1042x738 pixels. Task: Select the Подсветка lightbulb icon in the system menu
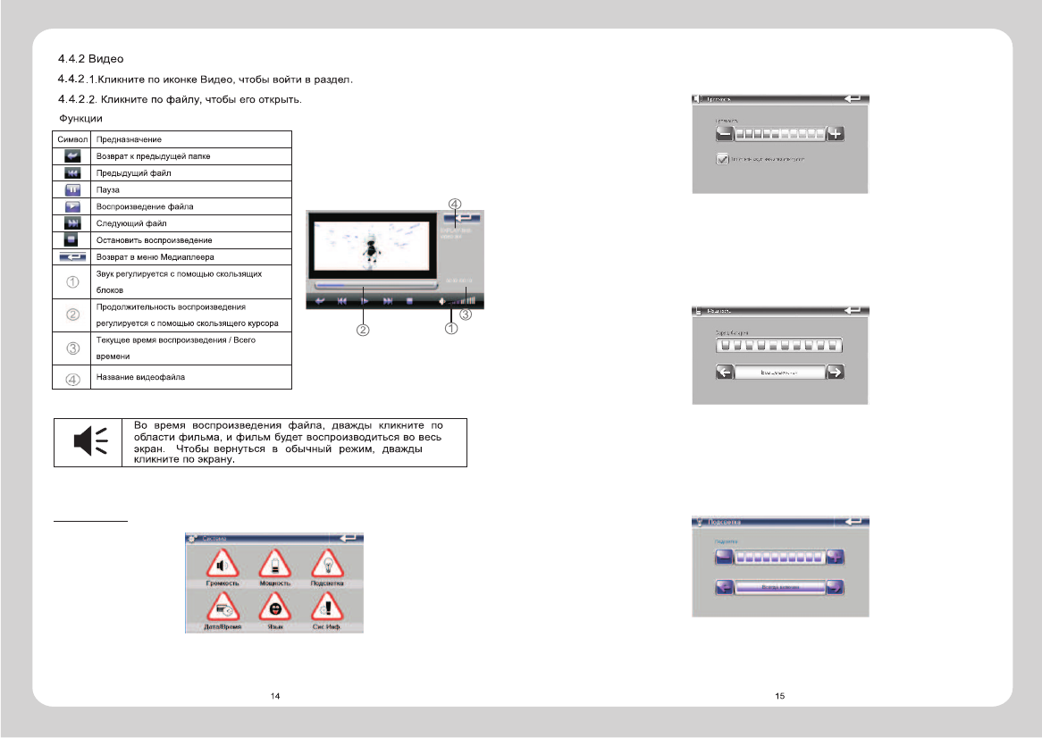(x=327, y=565)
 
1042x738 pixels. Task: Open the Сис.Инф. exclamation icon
(x=327, y=608)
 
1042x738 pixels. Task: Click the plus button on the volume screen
(x=836, y=134)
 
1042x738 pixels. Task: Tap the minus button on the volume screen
(x=725, y=134)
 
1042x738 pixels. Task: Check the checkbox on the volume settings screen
(x=723, y=159)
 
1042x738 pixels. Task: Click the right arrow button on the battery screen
(x=836, y=372)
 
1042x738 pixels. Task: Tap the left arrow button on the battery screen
(x=725, y=372)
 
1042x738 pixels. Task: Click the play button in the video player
(x=365, y=301)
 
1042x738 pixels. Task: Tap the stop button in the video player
(x=410, y=301)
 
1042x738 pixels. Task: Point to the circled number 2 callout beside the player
(x=364, y=330)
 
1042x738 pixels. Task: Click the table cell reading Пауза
(x=193, y=190)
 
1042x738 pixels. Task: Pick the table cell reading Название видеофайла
(x=193, y=377)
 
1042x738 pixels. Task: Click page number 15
(x=780, y=695)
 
